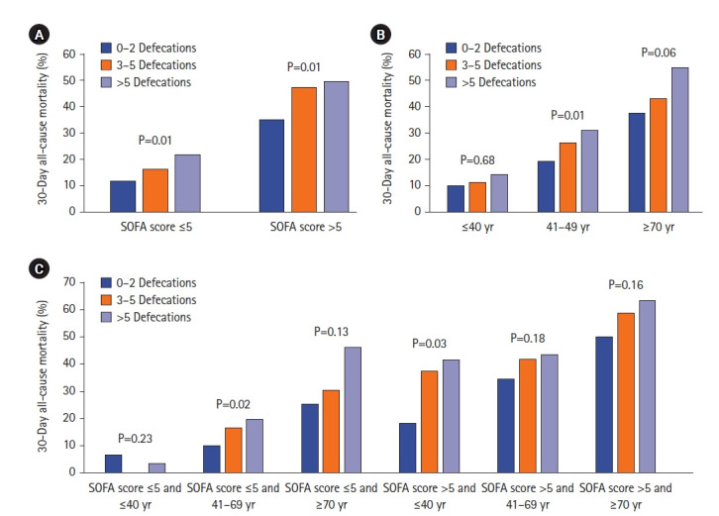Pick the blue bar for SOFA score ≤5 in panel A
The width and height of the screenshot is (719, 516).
tap(123, 195)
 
